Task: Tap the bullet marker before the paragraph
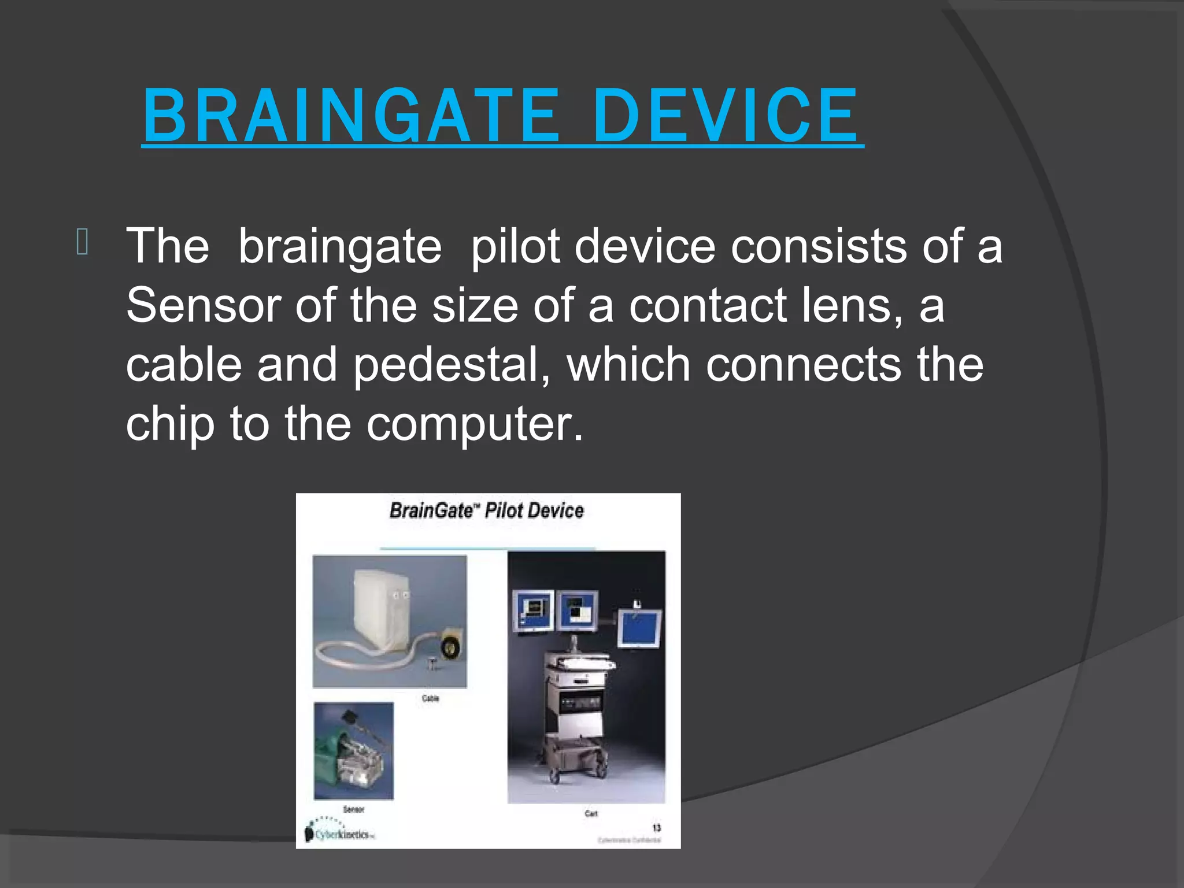[82, 242]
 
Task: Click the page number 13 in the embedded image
[656, 828]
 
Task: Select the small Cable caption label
[430, 698]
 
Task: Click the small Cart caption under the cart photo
[591, 813]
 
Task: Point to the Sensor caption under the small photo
[353, 809]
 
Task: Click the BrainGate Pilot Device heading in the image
[486, 510]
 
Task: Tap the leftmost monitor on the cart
[533, 612]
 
